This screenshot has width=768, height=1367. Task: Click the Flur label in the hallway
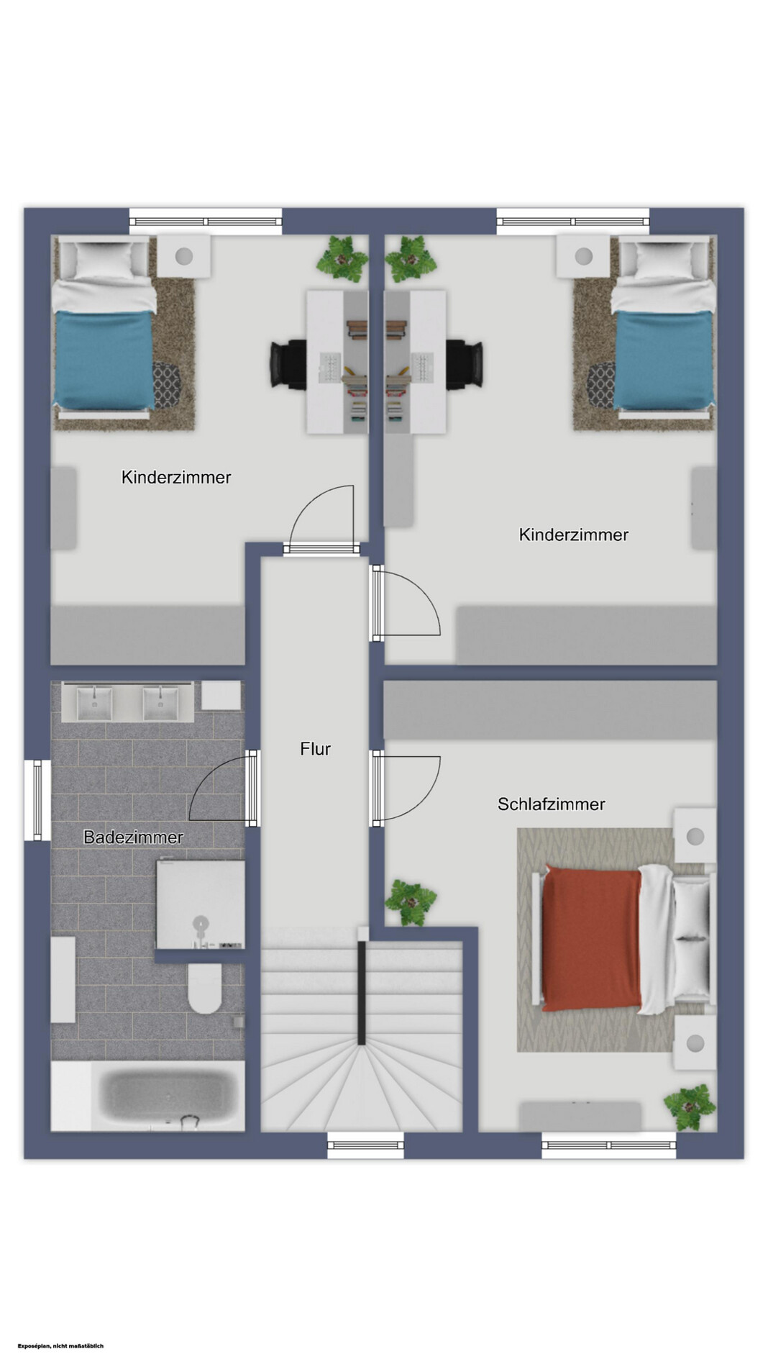[315, 749]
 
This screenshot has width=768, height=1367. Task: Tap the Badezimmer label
[133, 837]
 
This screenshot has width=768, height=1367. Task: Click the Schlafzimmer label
[551, 804]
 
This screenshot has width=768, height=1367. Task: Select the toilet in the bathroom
[205, 989]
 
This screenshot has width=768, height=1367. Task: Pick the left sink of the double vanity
[94, 702]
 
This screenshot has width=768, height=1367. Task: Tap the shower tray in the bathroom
[201, 904]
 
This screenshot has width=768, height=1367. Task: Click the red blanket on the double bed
[592, 937]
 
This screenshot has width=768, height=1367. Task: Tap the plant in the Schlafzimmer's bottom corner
[690, 1107]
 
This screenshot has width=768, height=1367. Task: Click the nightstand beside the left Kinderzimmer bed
[184, 255]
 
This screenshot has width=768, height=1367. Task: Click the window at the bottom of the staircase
[365, 1145]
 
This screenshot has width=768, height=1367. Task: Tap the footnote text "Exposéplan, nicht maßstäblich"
[61, 1345]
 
